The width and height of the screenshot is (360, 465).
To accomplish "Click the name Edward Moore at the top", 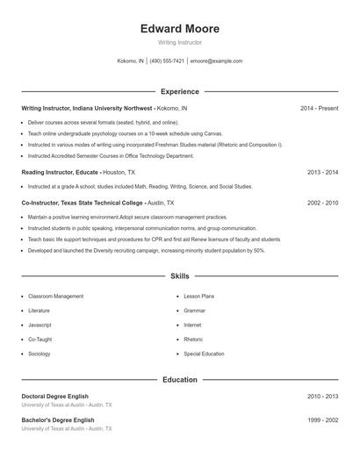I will [x=179, y=29].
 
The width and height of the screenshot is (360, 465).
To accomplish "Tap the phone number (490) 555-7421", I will [x=167, y=61].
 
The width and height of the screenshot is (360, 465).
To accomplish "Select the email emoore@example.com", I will [x=217, y=61].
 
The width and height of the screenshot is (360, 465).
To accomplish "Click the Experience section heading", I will [x=180, y=91].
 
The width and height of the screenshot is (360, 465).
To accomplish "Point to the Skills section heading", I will [x=180, y=276].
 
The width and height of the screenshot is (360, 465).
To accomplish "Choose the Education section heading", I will [x=180, y=380].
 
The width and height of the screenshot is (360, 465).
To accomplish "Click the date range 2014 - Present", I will [x=319, y=108].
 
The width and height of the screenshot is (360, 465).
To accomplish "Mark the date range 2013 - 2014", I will [x=322, y=173].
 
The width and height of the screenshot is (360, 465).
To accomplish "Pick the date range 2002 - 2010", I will [x=322, y=203].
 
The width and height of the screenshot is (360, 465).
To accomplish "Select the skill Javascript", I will [x=40, y=325].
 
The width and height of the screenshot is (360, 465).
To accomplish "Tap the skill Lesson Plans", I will [x=198, y=297].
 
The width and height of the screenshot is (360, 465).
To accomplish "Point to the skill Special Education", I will [x=204, y=354].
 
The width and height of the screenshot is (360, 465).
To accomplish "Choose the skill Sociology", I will [x=40, y=354].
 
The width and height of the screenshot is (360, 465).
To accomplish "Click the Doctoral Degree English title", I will [x=54, y=397].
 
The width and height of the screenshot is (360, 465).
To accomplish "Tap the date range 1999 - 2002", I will [x=322, y=420].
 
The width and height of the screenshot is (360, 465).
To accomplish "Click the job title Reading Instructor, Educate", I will [x=60, y=173].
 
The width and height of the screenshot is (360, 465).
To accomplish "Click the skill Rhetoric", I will [x=193, y=339].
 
